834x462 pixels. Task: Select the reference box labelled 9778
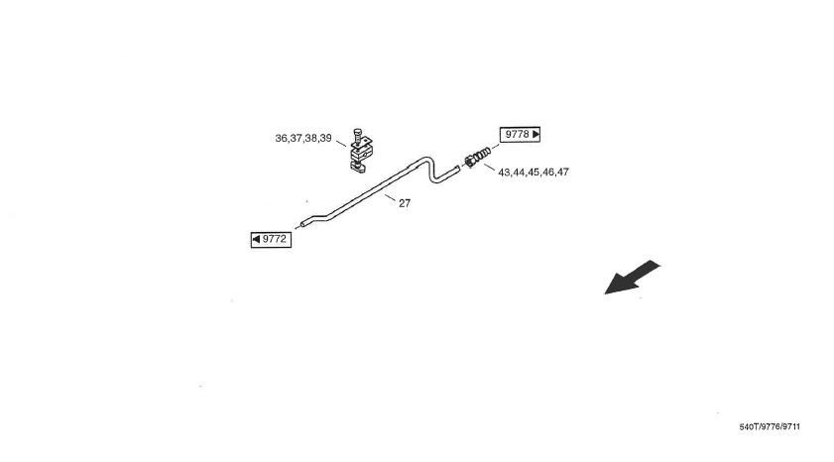(x=521, y=134)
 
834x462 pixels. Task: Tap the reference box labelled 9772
(x=271, y=239)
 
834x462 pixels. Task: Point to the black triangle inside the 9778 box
(x=536, y=134)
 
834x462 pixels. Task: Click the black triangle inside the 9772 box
(x=257, y=239)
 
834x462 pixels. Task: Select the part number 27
(x=405, y=203)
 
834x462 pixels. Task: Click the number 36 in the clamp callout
(x=282, y=139)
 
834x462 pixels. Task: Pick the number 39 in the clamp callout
(x=325, y=139)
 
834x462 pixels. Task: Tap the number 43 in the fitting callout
(x=505, y=173)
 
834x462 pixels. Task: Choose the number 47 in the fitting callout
(x=562, y=173)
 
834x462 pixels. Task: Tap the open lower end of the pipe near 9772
(x=303, y=224)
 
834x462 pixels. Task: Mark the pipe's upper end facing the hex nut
(x=458, y=169)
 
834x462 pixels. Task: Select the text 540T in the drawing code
(x=749, y=427)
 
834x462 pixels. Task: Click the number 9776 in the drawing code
(x=770, y=427)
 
